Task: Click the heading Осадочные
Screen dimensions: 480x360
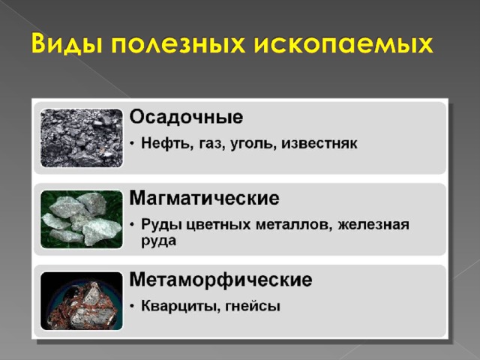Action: pos(186,117)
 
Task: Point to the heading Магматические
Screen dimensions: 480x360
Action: pos(204,198)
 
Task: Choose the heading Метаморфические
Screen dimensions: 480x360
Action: pos(220,280)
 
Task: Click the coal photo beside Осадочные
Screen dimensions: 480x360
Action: pos(82,138)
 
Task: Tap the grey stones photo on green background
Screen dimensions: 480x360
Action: pos(82,219)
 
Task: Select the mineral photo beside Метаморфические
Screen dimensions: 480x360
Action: pos(82,301)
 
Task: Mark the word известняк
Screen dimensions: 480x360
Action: pos(319,144)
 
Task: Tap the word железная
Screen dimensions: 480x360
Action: pos(373,225)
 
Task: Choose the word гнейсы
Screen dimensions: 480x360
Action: pos(253,307)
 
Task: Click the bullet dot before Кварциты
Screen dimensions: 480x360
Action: pos(132,307)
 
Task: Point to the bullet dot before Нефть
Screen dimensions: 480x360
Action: pos(132,144)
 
